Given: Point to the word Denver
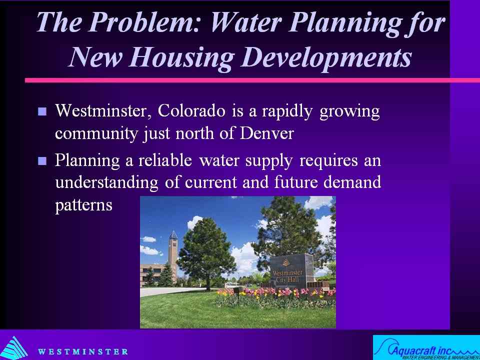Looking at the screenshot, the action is pos(266,133).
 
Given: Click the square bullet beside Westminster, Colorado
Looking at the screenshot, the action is pos(42,111).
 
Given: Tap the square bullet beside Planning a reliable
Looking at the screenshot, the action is pos(42,160).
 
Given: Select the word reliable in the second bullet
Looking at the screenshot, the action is pos(165,160).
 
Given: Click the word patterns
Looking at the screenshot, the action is pos(83,205).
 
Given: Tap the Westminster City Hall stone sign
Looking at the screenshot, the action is pos(291,270).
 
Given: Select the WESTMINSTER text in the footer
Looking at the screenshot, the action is pos(82,351).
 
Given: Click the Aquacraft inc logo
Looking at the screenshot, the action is pos(426,347).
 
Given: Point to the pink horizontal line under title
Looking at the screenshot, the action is pos(252,80).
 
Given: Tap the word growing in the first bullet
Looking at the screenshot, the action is pos(349,112).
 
